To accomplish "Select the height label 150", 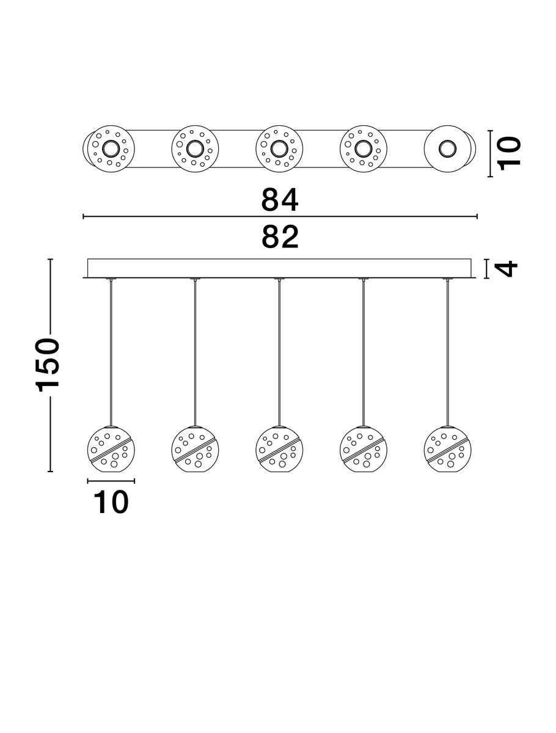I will tap(48, 365).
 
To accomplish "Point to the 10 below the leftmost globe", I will tap(111, 501).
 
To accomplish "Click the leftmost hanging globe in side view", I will tap(112, 448).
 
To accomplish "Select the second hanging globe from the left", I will tap(196, 448).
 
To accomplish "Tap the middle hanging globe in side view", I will tap(279, 448).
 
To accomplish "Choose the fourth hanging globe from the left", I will tap(363, 448).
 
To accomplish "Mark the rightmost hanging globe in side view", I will tap(447, 448).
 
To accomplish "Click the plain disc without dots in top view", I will tap(447, 148).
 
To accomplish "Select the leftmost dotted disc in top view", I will tap(111, 148).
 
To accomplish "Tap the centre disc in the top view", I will tap(279, 148).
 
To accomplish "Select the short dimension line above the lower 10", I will tap(111, 481).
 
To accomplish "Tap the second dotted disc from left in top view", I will tap(195, 148).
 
